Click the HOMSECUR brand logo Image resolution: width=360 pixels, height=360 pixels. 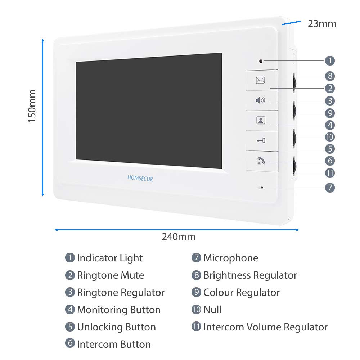[140, 178]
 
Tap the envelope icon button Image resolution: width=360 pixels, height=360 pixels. [260, 80]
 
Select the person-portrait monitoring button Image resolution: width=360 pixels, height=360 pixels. [261, 121]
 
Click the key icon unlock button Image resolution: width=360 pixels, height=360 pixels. [261, 140]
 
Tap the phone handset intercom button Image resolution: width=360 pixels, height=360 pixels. [261, 161]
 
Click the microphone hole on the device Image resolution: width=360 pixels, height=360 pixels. [263, 188]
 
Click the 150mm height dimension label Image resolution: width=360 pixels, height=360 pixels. [32, 106]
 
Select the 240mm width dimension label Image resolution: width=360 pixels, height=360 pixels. [179, 237]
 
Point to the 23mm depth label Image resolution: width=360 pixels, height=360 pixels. [322, 24]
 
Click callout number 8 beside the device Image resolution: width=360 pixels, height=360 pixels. [330, 76]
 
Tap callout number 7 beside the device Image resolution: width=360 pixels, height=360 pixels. [330, 188]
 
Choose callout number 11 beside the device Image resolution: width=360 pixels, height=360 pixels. [330, 173]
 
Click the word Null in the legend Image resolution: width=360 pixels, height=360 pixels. [212, 310]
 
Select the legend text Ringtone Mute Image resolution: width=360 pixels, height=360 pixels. [110, 275]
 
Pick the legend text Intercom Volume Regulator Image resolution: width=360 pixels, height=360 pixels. [265, 327]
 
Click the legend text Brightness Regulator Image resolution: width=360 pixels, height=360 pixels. [250, 275]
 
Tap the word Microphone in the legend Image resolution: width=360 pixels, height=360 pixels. [231, 258]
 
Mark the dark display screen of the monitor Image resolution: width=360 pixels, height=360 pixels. [149, 111]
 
